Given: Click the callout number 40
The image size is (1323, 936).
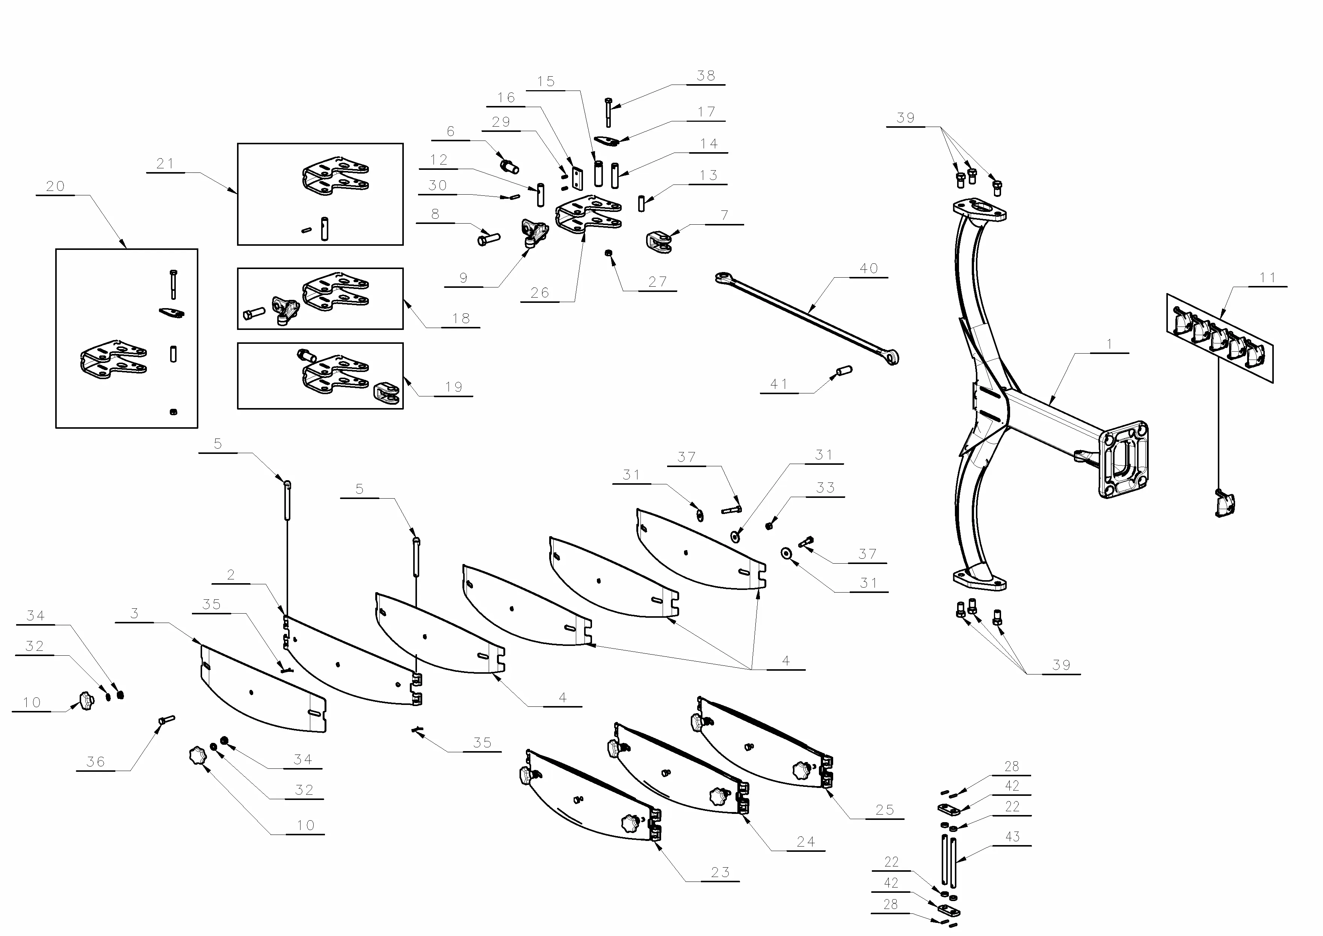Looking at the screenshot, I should (868, 269).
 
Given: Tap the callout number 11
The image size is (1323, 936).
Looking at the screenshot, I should (1268, 278).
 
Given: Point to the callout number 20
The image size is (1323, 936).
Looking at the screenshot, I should (55, 186).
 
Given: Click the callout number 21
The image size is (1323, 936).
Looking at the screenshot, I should (165, 164).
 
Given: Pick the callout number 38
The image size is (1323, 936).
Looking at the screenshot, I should (706, 76).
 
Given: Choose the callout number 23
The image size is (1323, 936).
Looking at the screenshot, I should (720, 872).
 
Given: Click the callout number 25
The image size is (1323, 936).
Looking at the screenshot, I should (885, 810).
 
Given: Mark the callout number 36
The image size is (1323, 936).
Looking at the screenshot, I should (96, 762).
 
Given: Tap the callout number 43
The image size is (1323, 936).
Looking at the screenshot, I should (1012, 836).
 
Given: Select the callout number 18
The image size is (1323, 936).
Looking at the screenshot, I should (461, 319).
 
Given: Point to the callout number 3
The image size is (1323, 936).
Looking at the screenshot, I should (134, 613).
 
